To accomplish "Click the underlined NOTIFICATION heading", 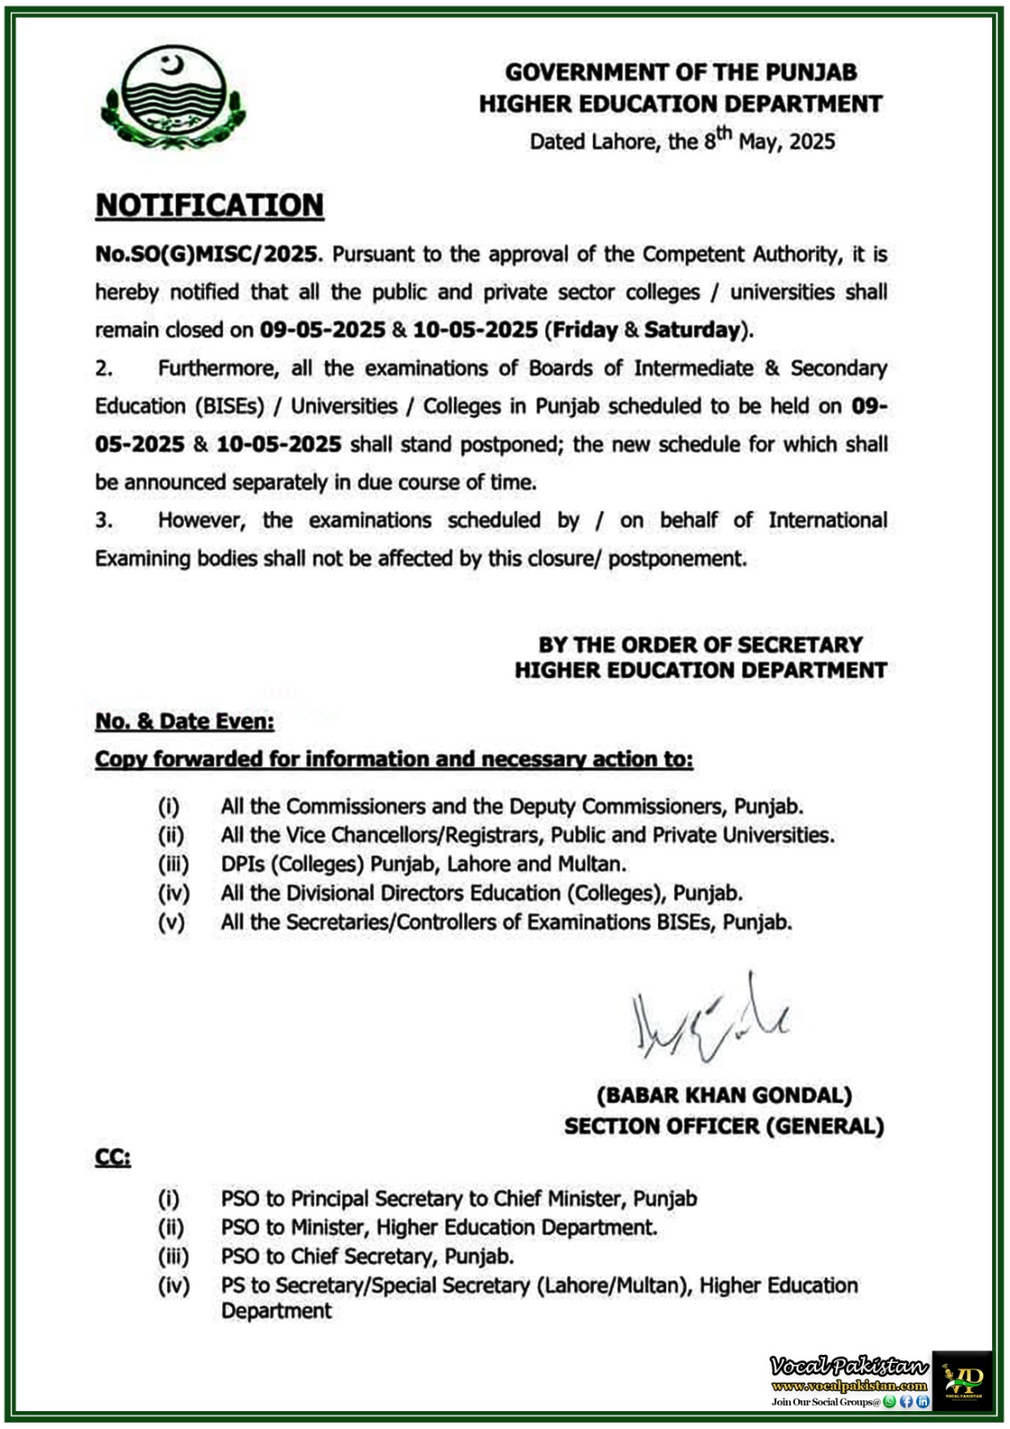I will (x=209, y=205).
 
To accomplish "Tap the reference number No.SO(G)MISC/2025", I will (x=206, y=255).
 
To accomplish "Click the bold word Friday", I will (x=585, y=330).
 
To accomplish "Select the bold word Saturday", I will (x=692, y=330).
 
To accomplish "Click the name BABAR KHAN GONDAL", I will (x=723, y=1096).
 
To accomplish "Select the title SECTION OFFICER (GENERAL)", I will (x=723, y=1126).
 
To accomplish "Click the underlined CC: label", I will (x=113, y=1159).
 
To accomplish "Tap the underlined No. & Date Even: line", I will (x=185, y=722).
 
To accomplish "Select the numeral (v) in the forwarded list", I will (x=171, y=923).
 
